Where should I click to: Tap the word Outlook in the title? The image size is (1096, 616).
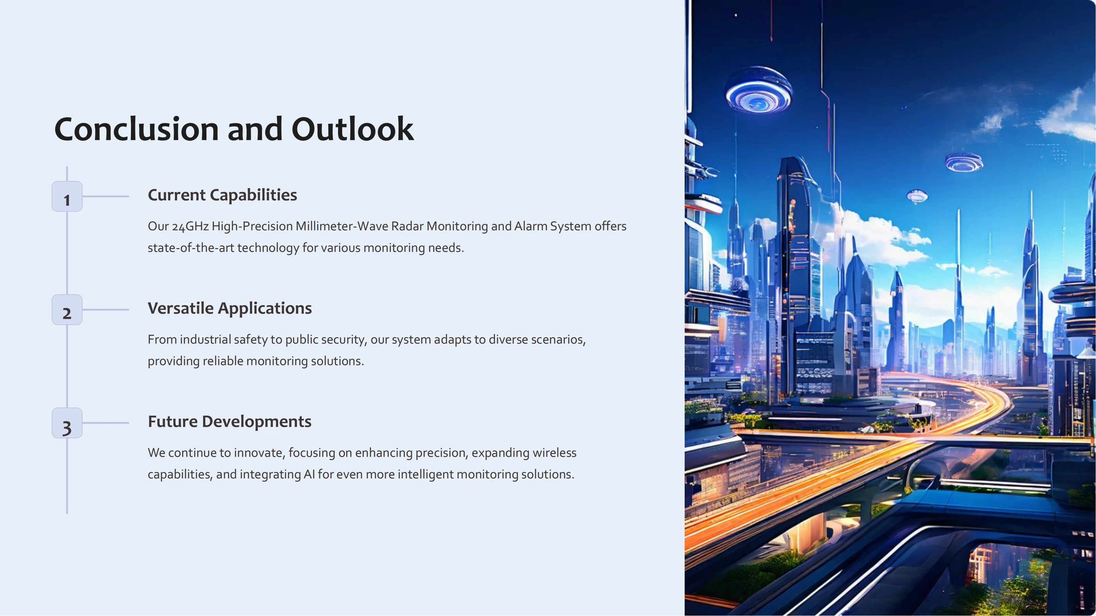tap(352, 129)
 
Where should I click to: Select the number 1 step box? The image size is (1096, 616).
tap(67, 196)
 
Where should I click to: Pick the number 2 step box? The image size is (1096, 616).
tap(67, 310)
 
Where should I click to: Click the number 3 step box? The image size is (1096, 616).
tap(67, 423)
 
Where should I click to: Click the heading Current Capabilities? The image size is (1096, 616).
tap(222, 195)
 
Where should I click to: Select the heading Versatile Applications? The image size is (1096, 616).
tap(229, 308)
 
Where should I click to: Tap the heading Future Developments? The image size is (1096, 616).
tap(229, 422)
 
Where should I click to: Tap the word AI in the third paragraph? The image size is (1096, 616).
tap(309, 474)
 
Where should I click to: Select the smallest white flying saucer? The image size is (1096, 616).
tap(917, 196)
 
